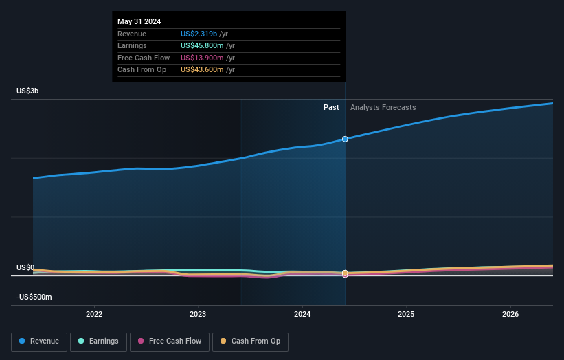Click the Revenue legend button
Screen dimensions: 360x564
pos(40,341)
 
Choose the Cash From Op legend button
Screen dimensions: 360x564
pos(251,341)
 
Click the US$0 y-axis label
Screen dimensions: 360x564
pos(25,267)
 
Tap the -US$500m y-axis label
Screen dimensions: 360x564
pos(34,297)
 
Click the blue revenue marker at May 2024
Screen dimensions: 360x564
pos(345,139)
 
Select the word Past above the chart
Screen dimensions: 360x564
pos(331,107)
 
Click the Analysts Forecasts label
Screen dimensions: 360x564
pos(383,107)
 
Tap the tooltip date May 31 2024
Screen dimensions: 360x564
pos(139,21)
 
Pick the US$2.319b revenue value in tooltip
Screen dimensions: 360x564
pos(199,34)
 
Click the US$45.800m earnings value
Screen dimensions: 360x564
pos(202,46)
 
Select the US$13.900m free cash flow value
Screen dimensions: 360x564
pos(202,58)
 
